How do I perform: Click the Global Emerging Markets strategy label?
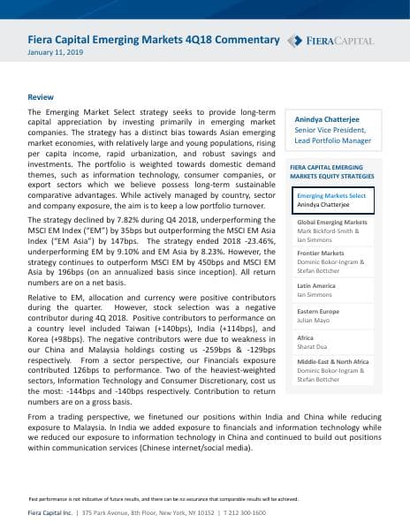pos(332,223)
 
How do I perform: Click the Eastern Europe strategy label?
pos(319,312)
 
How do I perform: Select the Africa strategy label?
pos(305,338)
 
